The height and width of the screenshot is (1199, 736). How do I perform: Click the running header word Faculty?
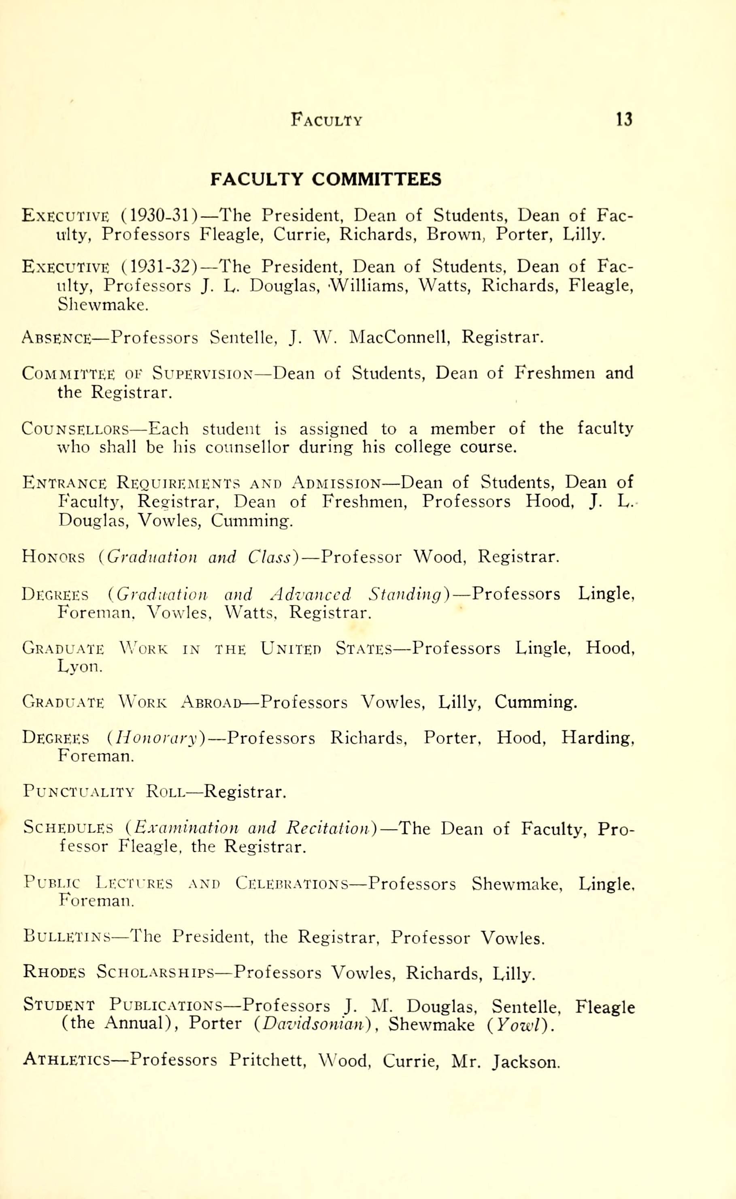[x=327, y=120]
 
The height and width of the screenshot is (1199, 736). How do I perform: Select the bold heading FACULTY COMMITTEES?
[x=325, y=180]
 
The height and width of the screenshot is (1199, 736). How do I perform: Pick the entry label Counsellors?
[x=75, y=429]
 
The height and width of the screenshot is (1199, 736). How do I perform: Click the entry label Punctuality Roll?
[x=104, y=792]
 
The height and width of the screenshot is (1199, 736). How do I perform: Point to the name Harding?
[x=597, y=738]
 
